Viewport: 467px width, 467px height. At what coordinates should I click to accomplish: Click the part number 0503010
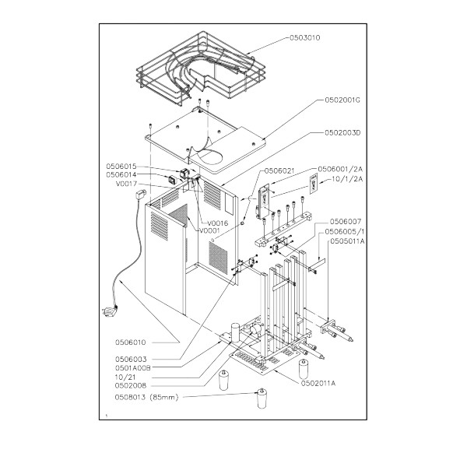point(304,38)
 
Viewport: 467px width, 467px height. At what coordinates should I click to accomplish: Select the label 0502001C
point(342,100)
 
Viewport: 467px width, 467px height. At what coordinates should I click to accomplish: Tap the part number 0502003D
point(342,132)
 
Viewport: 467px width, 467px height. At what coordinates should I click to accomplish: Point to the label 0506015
point(121,167)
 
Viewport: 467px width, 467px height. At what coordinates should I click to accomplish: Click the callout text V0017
point(126,184)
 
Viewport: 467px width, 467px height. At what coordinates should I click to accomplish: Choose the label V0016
point(218,223)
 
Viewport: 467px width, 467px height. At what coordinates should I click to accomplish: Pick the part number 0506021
point(279,170)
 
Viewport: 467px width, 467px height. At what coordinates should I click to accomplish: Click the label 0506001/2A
point(340,169)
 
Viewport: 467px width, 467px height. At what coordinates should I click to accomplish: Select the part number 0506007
point(346,222)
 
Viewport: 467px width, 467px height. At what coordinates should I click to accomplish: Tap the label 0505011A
point(347,241)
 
